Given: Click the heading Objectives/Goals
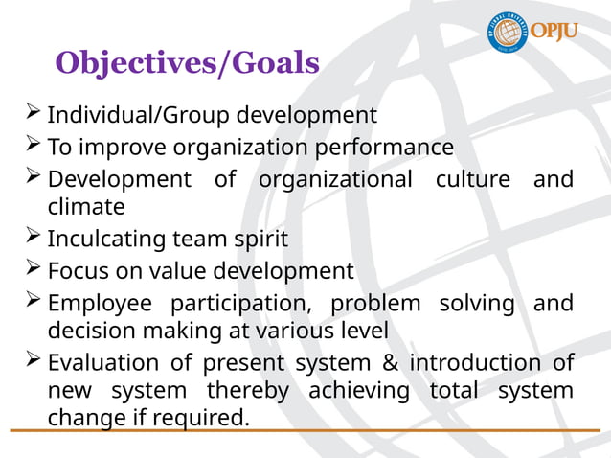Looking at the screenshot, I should point(187,63).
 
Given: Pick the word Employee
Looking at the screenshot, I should point(101,304).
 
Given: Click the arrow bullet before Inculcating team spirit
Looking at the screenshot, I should point(33,236).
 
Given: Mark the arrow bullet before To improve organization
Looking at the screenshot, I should point(33,146).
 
